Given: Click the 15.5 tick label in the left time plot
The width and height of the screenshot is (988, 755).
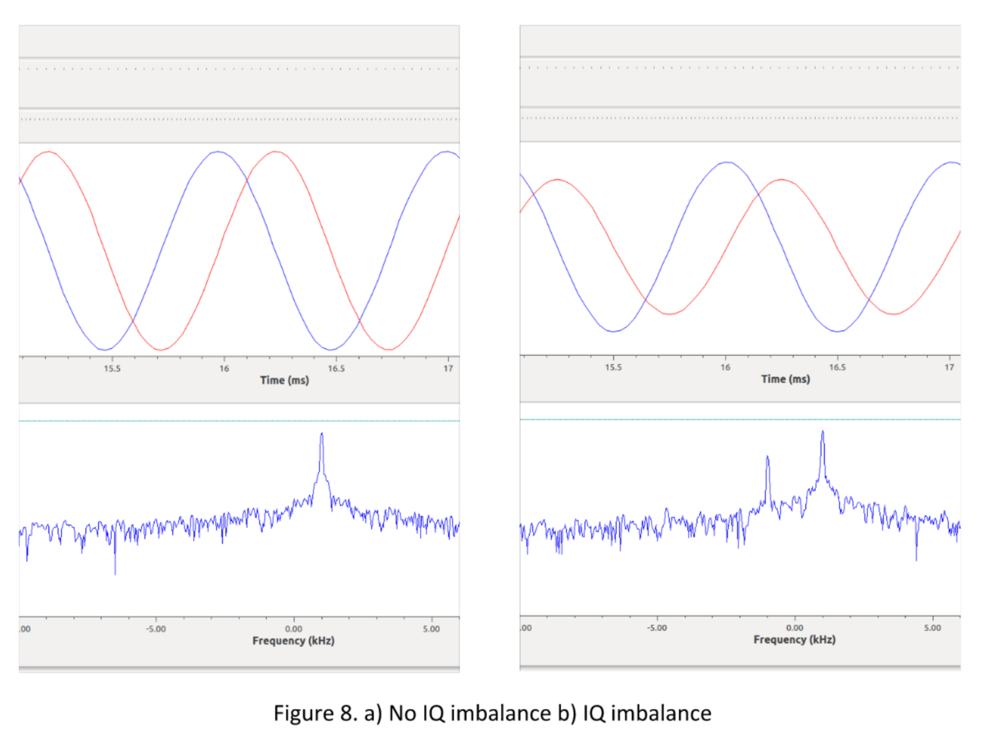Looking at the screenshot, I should pyautogui.click(x=112, y=369).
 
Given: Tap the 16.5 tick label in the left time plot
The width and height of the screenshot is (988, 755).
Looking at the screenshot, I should pyautogui.click(x=336, y=369).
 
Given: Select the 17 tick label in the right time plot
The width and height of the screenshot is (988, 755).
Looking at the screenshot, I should pyautogui.click(x=949, y=367).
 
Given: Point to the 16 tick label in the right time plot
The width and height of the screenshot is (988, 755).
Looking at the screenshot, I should pyautogui.click(x=725, y=367).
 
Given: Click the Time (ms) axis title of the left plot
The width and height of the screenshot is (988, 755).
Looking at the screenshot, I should pyautogui.click(x=284, y=380).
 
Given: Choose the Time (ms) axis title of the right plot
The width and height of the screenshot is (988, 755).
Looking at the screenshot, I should pyautogui.click(x=785, y=379).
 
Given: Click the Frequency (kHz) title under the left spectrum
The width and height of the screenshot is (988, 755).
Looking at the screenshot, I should pyautogui.click(x=294, y=641).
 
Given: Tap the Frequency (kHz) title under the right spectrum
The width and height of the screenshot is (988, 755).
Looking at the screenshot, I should pyautogui.click(x=795, y=640).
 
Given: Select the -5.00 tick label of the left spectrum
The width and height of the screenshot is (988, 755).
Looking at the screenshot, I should pyautogui.click(x=156, y=629).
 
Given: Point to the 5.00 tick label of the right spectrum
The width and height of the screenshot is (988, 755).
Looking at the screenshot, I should pyautogui.click(x=932, y=628).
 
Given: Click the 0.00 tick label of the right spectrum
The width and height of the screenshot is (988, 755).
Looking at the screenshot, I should pyautogui.click(x=795, y=628).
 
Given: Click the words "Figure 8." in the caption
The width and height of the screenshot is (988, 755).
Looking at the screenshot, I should pyautogui.click(x=315, y=713).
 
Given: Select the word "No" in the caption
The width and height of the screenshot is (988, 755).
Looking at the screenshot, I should pyautogui.click(x=402, y=713).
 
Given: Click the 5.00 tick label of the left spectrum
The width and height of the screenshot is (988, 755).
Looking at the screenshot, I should pyautogui.click(x=431, y=629).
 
